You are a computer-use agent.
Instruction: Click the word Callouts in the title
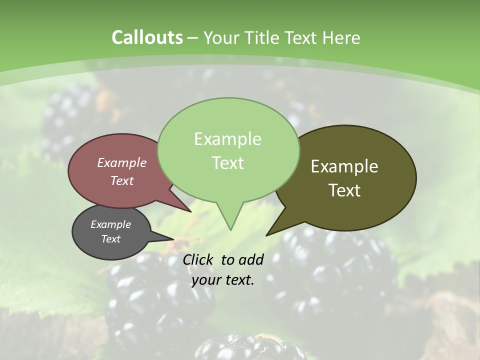[147, 37]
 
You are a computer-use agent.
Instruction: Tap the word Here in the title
[341, 37]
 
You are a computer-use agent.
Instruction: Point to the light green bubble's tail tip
[230, 229]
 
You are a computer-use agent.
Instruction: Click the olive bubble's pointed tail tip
[267, 234]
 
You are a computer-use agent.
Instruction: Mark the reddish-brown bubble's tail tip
[190, 211]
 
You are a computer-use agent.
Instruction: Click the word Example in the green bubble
[227, 139]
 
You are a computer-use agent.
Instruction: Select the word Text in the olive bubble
[344, 190]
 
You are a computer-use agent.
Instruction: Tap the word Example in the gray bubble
[110, 224]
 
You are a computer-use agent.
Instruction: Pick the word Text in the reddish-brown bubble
[121, 180]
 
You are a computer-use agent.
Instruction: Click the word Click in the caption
[198, 259]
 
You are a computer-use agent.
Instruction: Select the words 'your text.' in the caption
[223, 280]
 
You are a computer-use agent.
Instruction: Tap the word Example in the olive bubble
[344, 166]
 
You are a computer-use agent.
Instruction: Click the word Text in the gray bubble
[110, 239]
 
